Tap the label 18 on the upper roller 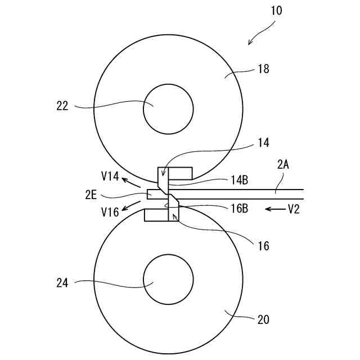(x=263, y=69)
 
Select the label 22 (x=62, y=105)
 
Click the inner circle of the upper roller (x=168, y=109)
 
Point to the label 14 (x=263, y=143)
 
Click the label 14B (x=239, y=181)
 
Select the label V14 (x=110, y=177)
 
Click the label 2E (x=92, y=195)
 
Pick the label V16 (x=110, y=211)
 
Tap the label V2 (x=294, y=209)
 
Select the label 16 (x=263, y=246)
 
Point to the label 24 (x=62, y=283)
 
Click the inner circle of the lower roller (x=168, y=280)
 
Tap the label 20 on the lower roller (x=263, y=320)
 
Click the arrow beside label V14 (x=132, y=182)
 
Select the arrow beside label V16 (x=132, y=205)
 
